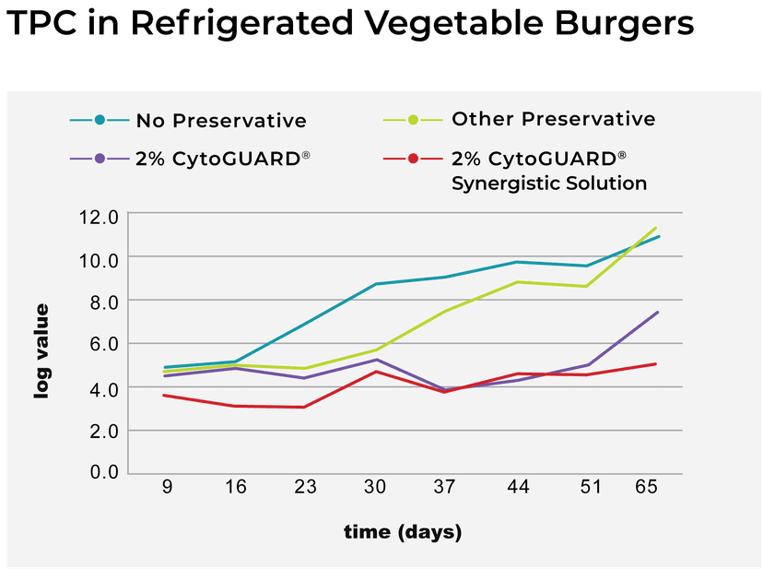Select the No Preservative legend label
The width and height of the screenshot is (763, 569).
(221, 121)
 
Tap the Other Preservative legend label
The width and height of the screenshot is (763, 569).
(553, 119)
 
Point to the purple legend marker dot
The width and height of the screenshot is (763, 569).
(99, 159)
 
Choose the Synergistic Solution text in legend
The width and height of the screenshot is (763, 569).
(549, 183)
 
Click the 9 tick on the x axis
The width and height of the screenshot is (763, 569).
(167, 487)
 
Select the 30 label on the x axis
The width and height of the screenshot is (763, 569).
(376, 487)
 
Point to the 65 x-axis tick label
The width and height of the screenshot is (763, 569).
(647, 487)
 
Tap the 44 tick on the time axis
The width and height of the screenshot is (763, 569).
(517, 487)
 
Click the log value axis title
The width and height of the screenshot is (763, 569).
(42, 351)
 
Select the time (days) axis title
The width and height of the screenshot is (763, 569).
(403, 532)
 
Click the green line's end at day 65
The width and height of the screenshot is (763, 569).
(656, 227)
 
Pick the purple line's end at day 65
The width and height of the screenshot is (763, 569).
(658, 312)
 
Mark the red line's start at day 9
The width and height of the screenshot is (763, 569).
(164, 396)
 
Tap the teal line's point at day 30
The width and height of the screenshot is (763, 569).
(376, 284)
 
